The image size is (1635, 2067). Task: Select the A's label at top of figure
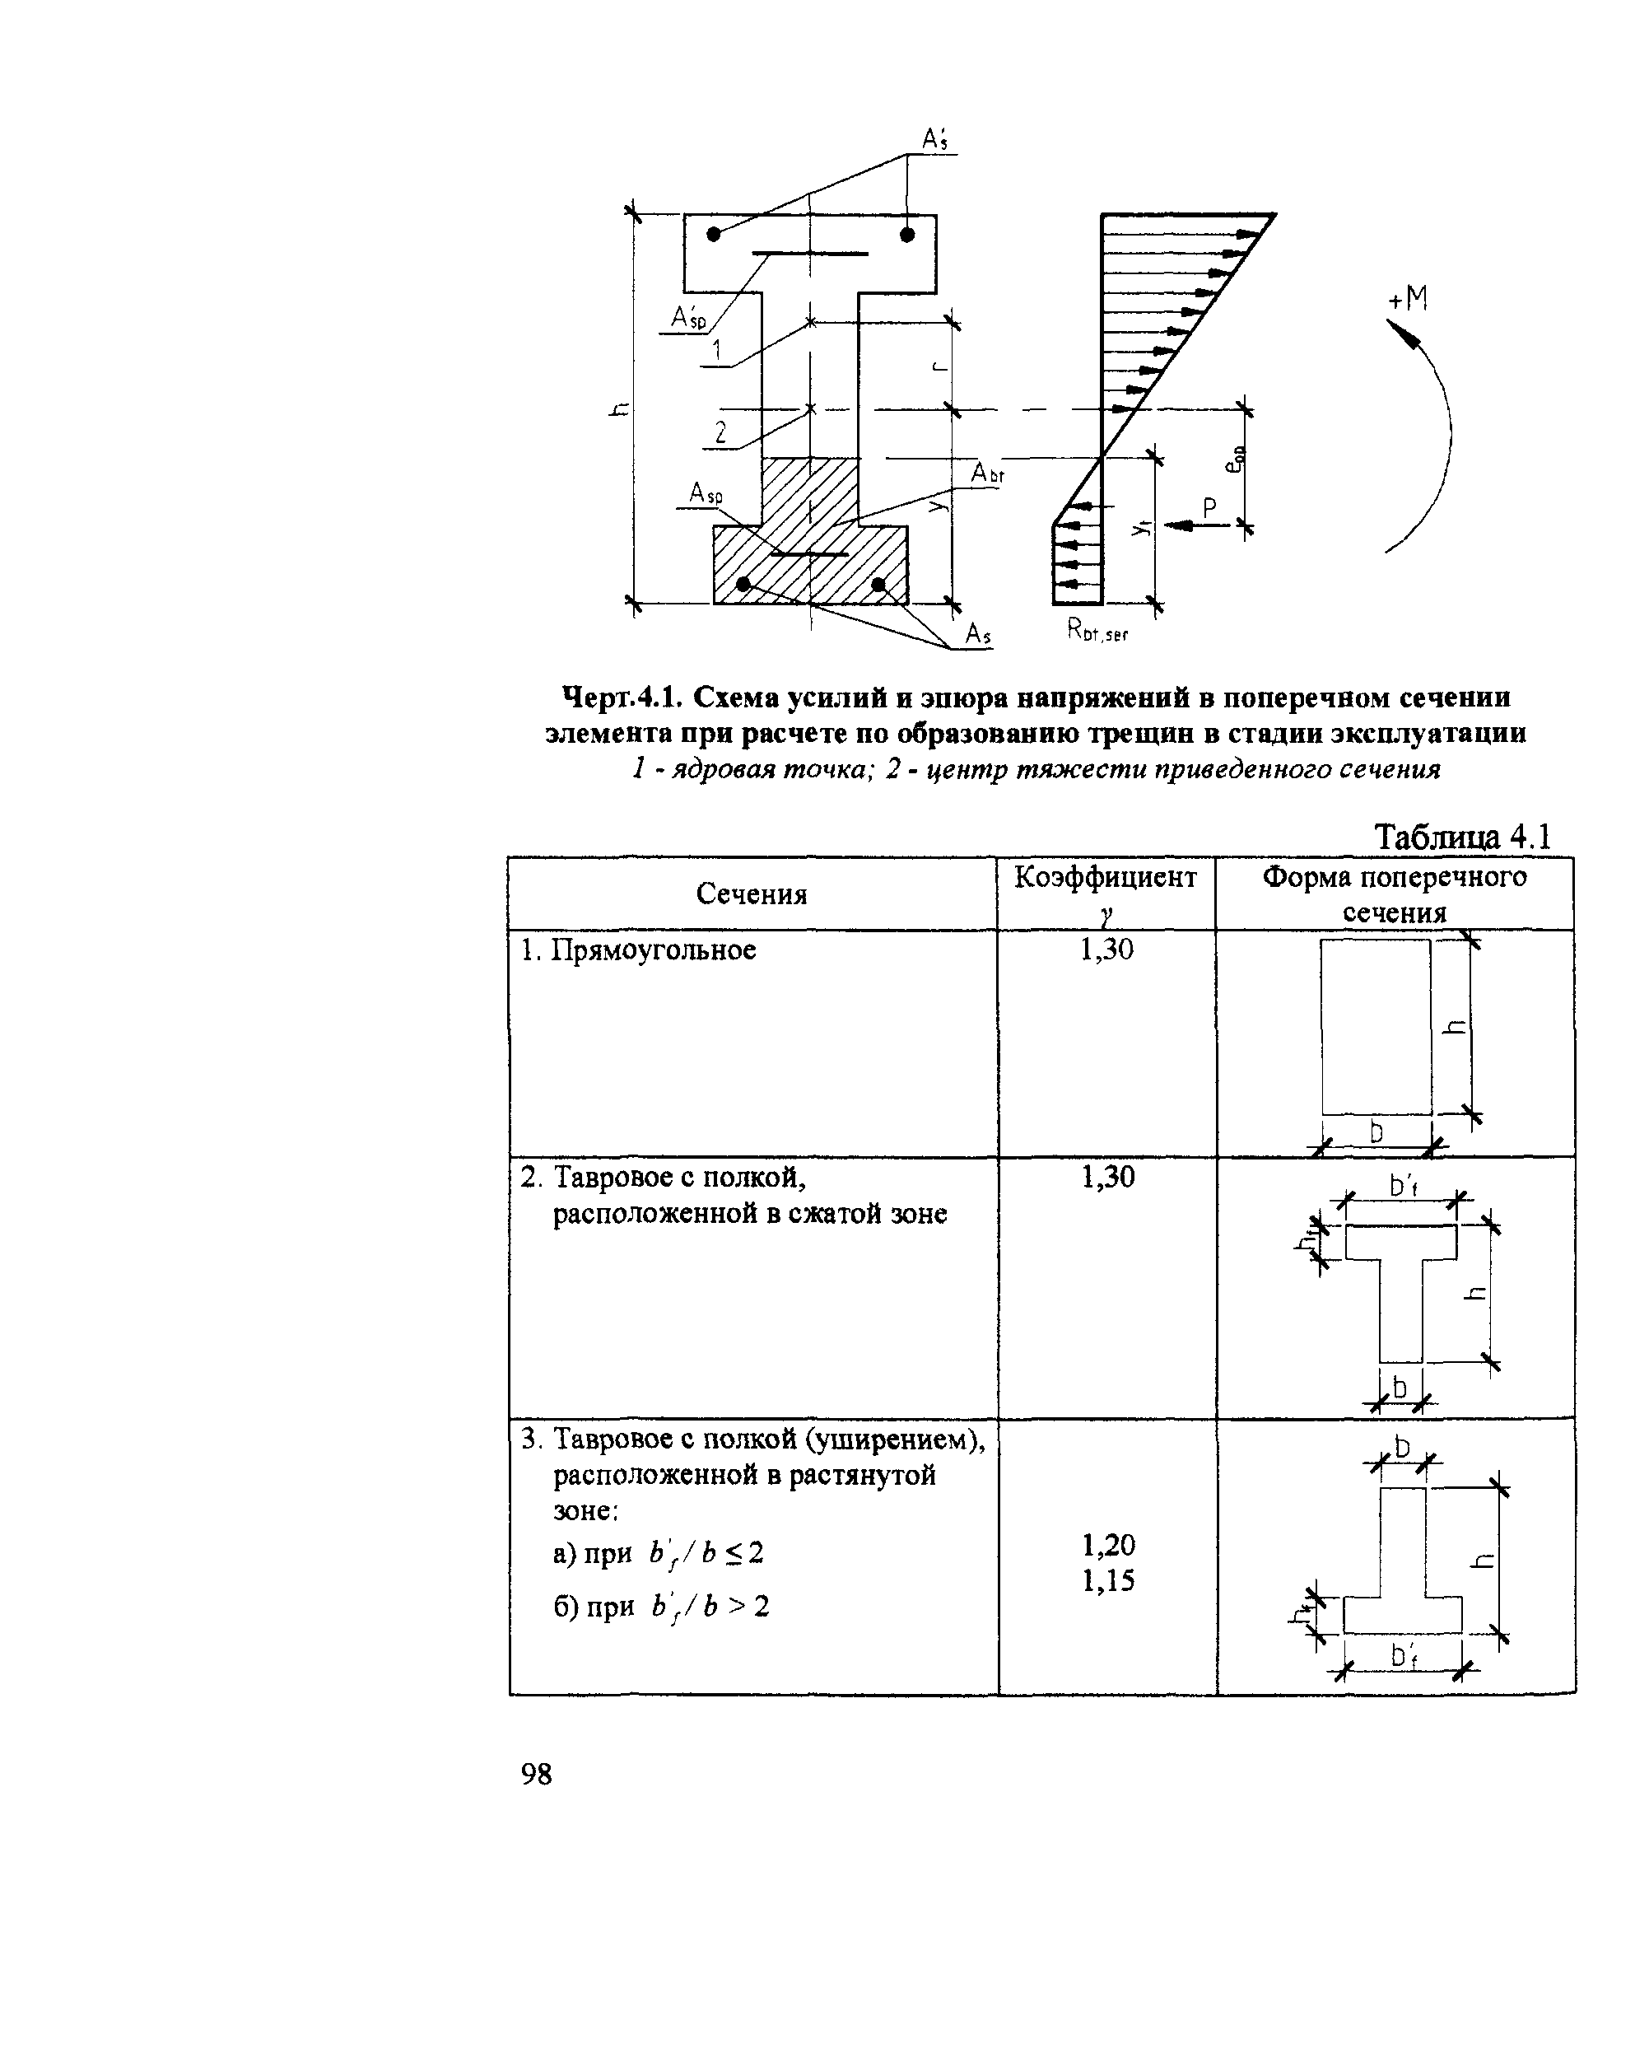(x=934, y=140)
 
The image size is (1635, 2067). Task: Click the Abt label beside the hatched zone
(x=988, y=473)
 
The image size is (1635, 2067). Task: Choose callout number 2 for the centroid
(x=720, y=432)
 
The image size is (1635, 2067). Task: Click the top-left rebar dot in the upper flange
(x=714, y=234)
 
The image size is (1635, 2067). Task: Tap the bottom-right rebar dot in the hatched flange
(x=878, y=584)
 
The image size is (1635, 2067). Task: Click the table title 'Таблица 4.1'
(x=1462, y=838)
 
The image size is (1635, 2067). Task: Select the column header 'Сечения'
(x=752, y=894)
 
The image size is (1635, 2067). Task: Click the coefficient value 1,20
(x=1108, y=1544)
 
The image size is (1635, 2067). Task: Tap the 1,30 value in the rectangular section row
(x=1106, y=950)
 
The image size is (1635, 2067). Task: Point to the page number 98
(x=536, y=1774)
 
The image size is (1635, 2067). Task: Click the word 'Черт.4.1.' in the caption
(x=622, y=698)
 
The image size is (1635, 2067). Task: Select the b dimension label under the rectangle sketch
(x=1376, y=1133)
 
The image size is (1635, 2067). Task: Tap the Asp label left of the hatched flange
(x=706, y=494)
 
